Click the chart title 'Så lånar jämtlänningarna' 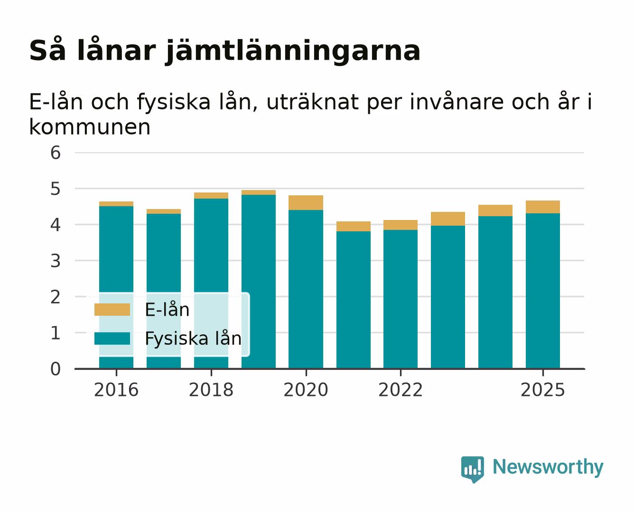click(225, 51)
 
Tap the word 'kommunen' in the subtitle click(90, 127)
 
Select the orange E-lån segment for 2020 click(306, 202)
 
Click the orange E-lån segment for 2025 click(542, 207)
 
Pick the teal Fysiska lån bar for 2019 click(258, 282)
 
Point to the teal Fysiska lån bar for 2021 click(354, 300)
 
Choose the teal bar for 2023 click(448, 297)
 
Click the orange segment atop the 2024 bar click(495, 210)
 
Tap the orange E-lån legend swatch click(112, 310)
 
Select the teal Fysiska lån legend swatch click(112, 338)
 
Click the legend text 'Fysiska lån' click(193, 338)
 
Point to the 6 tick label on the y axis click(56, 153)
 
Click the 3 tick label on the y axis click(56, 261)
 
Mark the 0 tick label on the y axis click(56, 369)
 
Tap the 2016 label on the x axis click(116, 390)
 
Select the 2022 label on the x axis click(401, 390)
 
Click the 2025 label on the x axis click(542, 390)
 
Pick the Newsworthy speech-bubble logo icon click(472, 469)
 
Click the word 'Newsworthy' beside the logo click(548, 467)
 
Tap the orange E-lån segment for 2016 click(116, 204)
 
